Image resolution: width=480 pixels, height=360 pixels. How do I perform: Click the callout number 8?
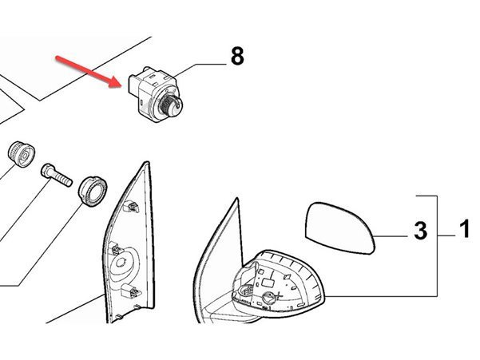(237, 56)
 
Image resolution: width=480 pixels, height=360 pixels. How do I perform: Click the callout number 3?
(420, 231)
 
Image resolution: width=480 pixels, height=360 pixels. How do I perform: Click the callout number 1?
(465, 228)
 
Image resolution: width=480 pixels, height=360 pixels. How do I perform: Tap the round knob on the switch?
(170, 105)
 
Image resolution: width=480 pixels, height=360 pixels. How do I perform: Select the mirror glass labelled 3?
(339, 227)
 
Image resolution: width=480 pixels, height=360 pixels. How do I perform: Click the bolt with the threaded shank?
(57, 176)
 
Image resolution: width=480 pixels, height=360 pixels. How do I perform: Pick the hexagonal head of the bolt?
(47, 171)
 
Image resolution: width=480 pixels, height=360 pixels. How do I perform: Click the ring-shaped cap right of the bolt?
(93, 191)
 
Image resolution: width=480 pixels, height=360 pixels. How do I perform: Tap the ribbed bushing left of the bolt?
(21, 155)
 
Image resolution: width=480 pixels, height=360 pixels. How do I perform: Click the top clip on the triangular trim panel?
(131, 207)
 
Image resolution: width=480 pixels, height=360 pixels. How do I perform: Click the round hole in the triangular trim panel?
(121, 263)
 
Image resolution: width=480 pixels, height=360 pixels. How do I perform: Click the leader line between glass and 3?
(390, 236)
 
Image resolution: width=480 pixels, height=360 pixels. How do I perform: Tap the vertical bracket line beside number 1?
(437, 246)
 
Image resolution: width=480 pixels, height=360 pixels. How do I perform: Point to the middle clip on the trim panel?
(116, 249)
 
